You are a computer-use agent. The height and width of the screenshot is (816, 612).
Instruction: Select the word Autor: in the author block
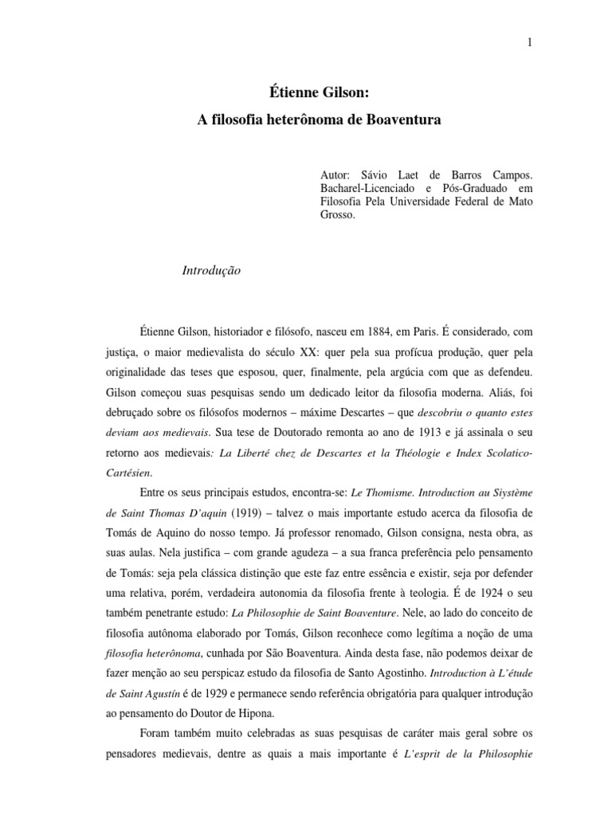(333, 174)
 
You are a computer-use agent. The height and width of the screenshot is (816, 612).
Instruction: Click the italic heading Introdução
(211, 271)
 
